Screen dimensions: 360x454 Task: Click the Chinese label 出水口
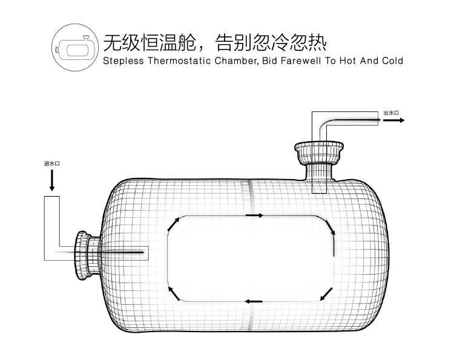point(390,113)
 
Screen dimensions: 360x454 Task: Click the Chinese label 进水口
point(51,163)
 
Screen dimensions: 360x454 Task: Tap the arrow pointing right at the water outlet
point(393,120)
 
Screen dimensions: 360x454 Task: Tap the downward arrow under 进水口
point(51,180)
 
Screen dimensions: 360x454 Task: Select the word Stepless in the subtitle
point(121,61)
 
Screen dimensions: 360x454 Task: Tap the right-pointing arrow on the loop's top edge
point(254,215)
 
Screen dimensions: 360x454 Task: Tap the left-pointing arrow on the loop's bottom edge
point(254,301)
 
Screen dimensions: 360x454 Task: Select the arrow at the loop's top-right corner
point(330,227)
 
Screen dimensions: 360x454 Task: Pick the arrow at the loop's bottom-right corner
point(326,294)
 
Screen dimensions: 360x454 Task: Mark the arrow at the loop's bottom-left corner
point(173,294)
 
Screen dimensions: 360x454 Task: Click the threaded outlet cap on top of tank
point(319,150)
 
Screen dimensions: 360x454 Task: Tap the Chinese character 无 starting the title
point(113,43)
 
